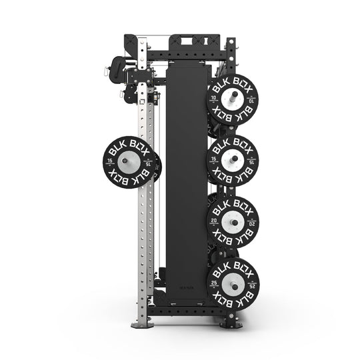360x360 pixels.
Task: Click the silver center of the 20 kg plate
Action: click(x=233, y=221)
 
